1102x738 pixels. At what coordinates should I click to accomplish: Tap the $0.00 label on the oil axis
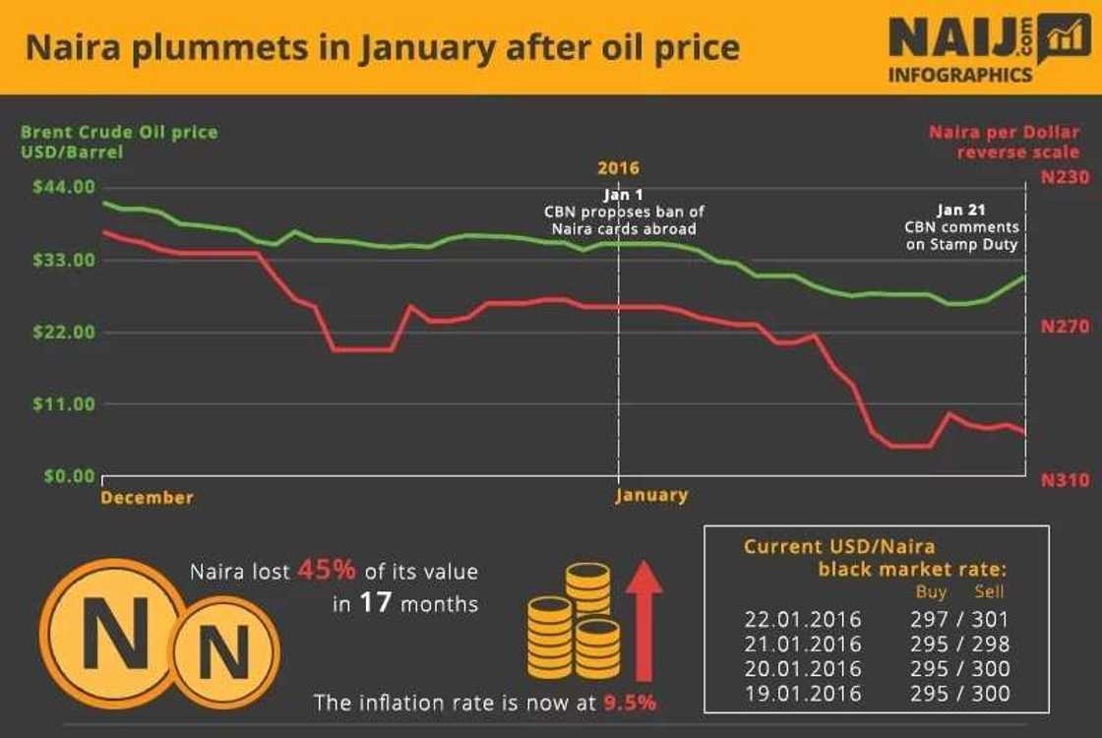pyautogui.click(x=69, y=476)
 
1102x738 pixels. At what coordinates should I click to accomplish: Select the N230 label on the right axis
pyautogui.click(x=1066, y=178)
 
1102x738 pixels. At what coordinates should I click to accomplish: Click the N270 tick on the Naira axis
pyautogui.click(x=1066, y=326)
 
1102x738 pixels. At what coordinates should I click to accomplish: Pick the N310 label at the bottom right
pyautogui.click(x=1066, y=480)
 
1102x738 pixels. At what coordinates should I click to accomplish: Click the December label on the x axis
pyautogui.click(x=147, y=498)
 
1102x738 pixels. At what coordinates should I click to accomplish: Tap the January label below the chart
pyautogui.click(x=651, y=495)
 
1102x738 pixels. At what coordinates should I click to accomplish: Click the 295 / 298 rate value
pyautogui.click(x=960, y=645)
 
